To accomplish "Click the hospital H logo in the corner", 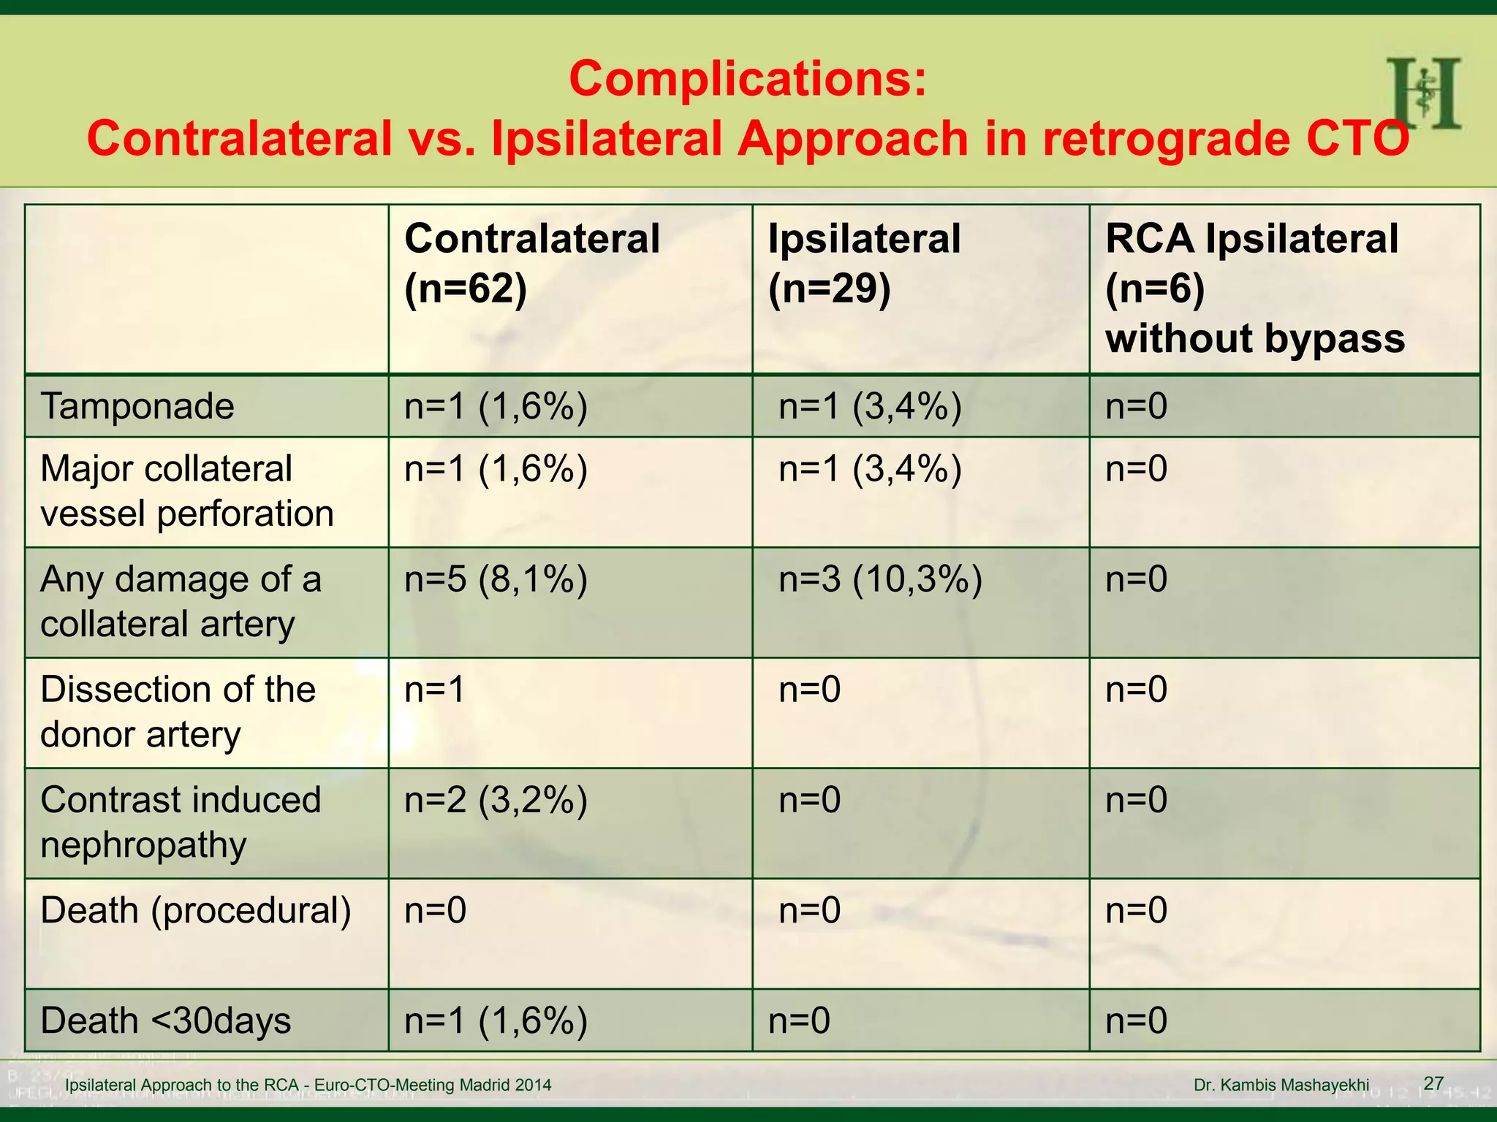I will [1423, 94].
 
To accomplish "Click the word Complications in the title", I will [747, 79].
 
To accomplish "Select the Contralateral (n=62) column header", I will [531, 264].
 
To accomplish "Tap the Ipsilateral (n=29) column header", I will [864, 264].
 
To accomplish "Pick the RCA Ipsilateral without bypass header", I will [1254, 289].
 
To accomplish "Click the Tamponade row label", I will [137, 406].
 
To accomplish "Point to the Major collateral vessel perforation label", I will [186, 491].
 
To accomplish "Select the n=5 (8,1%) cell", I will [496, 579].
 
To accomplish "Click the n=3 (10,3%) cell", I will [880, 579].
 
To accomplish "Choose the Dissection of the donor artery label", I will [178, 711].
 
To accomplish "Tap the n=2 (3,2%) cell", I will [496, 800].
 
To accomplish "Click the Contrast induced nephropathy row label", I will [181, 822].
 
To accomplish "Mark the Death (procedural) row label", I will [196, 911].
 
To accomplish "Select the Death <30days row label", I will [165, 1020].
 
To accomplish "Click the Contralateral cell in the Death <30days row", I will [496, 1020].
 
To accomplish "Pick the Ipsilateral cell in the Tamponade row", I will [870, 406].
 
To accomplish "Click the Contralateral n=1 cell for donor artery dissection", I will [434, 690].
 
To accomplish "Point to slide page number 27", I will [1433, 1083].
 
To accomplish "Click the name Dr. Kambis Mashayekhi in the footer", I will [1281, 1085].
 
